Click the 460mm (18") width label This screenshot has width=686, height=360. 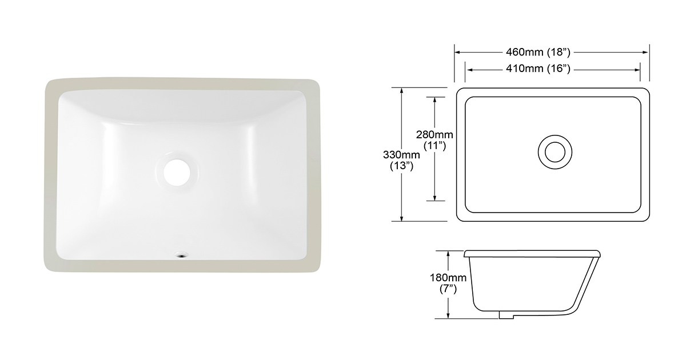point(538,52)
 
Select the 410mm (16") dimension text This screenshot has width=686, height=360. point(538,69)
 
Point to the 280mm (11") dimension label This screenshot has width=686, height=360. point(434,140)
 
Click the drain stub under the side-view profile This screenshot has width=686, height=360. point(505,314)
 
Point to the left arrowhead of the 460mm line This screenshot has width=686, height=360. point(457,52)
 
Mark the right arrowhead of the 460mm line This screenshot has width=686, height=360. point(647,52)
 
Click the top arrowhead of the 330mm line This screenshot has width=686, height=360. point(402,90)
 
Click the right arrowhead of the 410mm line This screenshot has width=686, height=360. point(637,69)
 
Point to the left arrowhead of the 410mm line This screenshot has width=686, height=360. point(469,69)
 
